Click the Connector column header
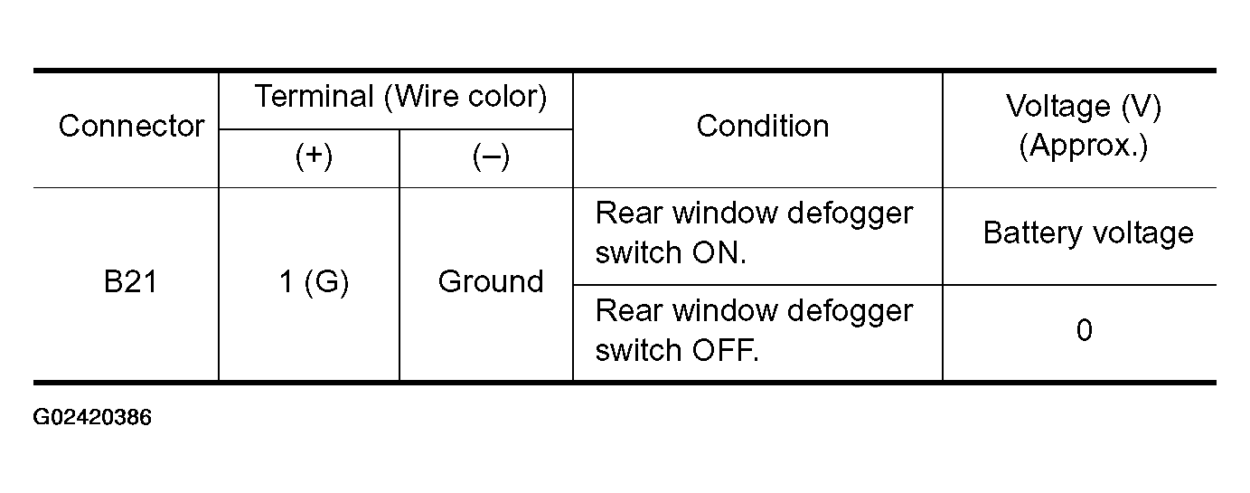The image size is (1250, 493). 131,126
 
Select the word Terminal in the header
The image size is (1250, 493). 315,96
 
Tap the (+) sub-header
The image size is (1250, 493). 314,156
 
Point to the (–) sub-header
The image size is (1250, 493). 491,156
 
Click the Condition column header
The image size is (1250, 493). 762,126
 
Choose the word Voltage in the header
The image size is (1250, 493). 1058,107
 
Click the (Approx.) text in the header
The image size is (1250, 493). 1083,146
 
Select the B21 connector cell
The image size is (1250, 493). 130,281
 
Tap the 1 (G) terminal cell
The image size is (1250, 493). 314,281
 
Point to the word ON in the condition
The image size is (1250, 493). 719,253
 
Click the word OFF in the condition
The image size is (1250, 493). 725,351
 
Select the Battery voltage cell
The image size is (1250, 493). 1088,232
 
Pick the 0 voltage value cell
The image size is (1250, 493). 1085,330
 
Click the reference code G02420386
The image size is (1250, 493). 92,418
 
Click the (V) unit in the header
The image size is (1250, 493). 1142,107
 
